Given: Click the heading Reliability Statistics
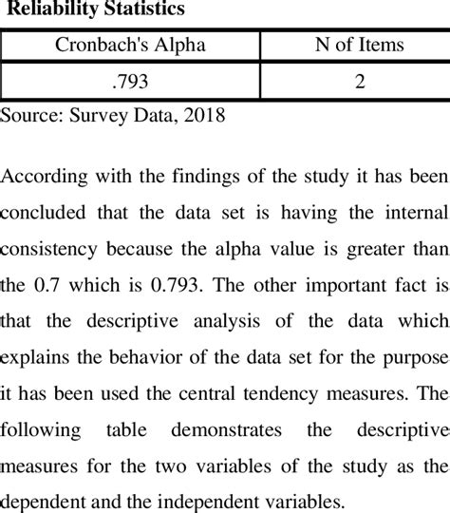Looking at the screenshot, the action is (x=91, y=10).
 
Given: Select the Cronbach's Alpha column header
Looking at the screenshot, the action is (x=132, y=45).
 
